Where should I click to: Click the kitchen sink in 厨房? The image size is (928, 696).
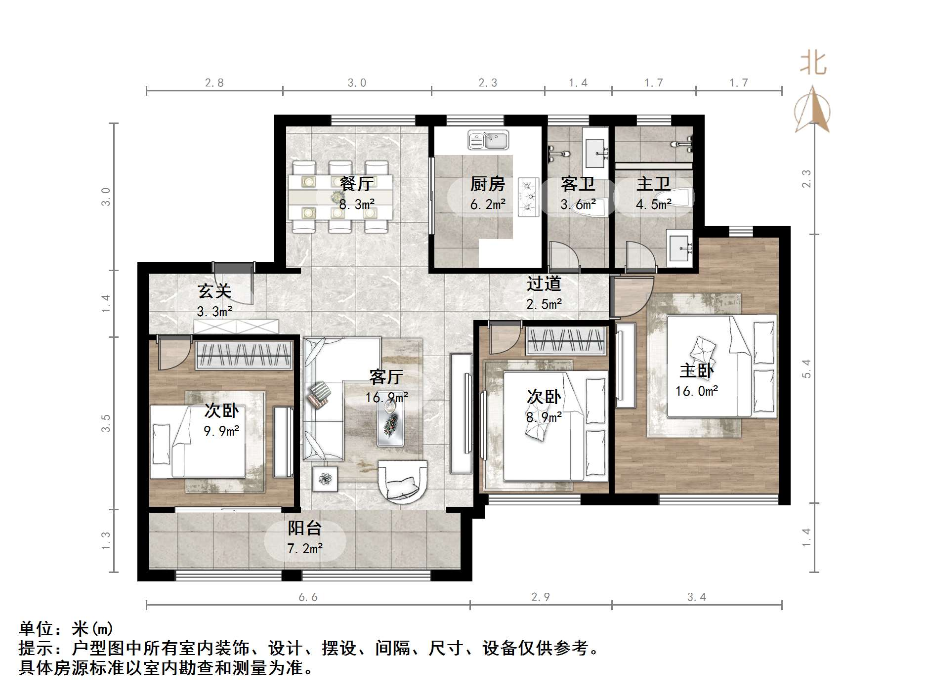488,140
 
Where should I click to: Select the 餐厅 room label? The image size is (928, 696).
356,184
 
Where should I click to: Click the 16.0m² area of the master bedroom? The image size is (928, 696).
697,391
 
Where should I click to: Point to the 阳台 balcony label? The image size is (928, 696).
304,529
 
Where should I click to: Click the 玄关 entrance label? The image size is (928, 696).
214,291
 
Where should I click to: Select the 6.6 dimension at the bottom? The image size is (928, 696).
308,597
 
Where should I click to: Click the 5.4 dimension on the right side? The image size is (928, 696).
806,368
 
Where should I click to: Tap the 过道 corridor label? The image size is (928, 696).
544,284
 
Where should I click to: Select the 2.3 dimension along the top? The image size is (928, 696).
488,82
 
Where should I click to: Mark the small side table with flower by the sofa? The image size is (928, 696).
325,479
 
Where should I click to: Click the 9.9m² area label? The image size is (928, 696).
221,431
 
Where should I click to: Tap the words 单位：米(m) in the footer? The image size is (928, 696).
66,629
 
